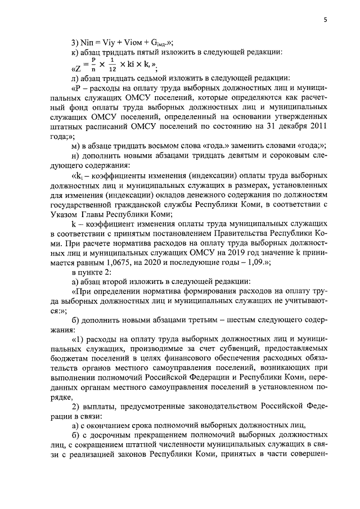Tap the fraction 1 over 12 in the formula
point(111,65)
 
